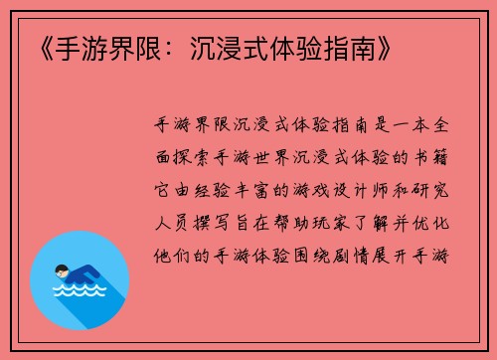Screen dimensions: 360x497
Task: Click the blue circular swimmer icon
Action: coord(80,280)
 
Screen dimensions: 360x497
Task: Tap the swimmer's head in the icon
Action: coord(61,270)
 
